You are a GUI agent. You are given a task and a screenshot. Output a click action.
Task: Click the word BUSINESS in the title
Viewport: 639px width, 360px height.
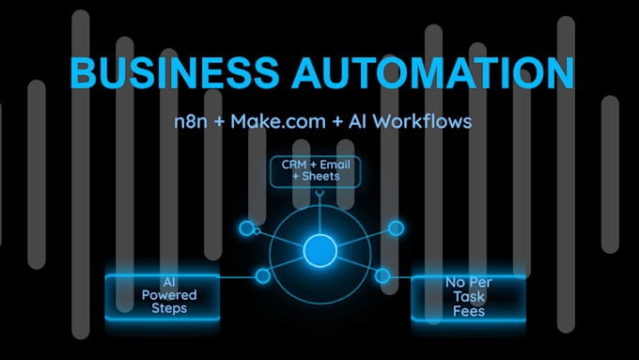175,72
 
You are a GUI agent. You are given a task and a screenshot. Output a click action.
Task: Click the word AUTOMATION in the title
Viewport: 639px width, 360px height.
433,72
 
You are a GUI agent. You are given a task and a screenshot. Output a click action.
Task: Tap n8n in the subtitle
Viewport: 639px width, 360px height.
191,121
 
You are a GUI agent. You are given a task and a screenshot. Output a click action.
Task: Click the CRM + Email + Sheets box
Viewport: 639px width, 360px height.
316,172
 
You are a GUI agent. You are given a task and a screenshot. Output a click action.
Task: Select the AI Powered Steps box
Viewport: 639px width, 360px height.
163,297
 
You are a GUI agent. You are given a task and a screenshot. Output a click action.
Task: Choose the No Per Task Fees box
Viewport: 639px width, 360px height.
469,298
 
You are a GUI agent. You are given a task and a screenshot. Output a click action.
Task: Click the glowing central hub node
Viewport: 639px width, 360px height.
320,251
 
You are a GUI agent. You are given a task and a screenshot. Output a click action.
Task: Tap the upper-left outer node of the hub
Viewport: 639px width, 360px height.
246,228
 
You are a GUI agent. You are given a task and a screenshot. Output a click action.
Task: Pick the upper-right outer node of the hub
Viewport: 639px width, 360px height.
396,228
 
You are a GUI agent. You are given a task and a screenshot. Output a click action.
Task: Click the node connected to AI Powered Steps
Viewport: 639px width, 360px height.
263,276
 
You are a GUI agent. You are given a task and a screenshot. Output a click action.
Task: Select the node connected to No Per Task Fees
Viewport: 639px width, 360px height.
382,276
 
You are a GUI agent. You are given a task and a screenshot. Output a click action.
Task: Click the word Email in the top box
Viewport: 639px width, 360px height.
335,164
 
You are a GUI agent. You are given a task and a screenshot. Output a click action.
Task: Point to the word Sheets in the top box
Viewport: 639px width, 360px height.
321,177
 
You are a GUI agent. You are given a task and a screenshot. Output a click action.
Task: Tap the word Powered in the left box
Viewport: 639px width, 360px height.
169,295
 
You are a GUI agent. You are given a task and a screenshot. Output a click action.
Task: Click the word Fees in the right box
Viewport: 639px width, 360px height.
469,311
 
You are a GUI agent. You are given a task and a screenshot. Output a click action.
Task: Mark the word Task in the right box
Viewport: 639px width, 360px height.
469,297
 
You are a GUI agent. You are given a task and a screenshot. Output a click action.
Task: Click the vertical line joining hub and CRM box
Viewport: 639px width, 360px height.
320,214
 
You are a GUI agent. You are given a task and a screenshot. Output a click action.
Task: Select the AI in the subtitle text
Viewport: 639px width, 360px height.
357,121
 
